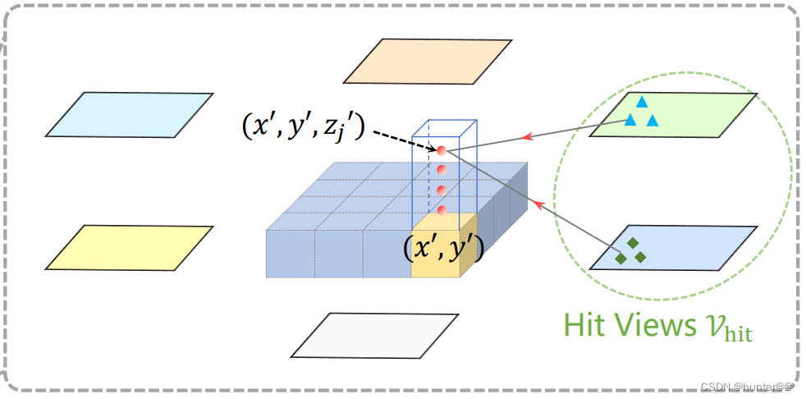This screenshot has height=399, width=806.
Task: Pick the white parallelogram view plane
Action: click(375, 335)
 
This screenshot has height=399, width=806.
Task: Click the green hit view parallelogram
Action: click(673, 114)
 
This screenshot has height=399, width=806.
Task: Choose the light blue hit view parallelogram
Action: click(673, 247)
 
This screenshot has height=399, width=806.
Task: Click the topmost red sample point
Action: click(441, 150)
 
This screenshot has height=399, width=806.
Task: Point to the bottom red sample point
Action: click(442, 211)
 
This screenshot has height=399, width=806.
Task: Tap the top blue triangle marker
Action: click(642, 103)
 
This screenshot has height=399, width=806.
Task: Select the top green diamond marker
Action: click(632, 243)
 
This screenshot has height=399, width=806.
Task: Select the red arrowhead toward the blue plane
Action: click(538, 201)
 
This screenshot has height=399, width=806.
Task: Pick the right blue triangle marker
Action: click(653, 121)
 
